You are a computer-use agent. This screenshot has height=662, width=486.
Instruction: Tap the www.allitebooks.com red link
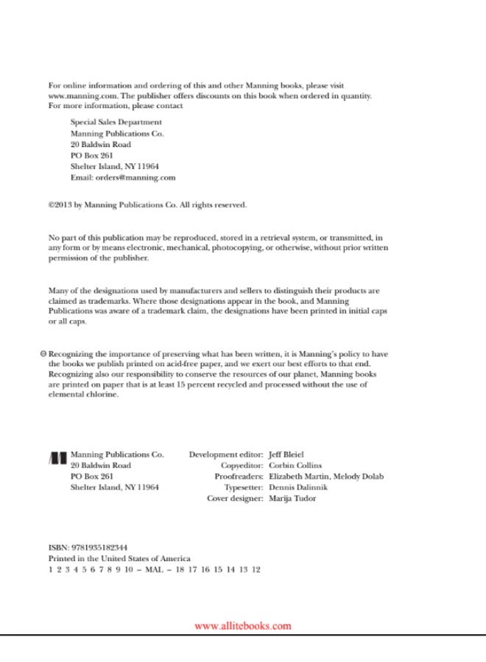242,626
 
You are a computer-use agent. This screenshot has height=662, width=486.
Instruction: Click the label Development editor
225,455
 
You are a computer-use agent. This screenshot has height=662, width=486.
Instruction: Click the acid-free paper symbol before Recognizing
43,354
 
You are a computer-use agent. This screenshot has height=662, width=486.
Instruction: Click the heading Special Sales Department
116,122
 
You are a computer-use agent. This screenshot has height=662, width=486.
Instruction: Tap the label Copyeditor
242,466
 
